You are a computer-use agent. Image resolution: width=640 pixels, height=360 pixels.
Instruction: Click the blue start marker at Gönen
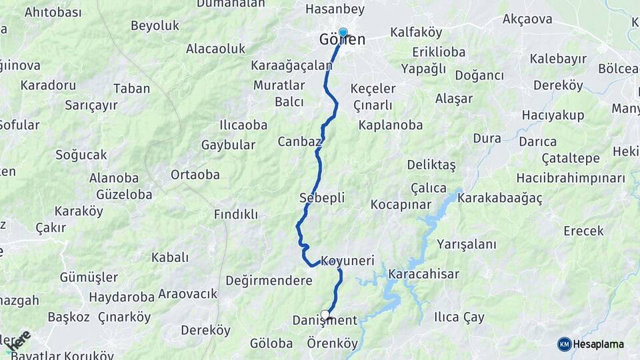(x=343, y=32)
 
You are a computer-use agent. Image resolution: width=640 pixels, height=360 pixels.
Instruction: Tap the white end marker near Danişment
(x=325, y=315)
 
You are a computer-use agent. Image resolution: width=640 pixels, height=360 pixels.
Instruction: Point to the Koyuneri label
(x=347, y=261)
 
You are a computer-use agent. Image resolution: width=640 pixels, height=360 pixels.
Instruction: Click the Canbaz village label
(x=300, y=141)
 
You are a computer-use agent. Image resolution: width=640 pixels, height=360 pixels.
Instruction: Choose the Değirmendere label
(x=269, y=281)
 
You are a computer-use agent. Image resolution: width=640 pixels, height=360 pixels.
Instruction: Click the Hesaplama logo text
(x=599, y=344)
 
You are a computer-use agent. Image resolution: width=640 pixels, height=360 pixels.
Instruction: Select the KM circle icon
(x=565, y=344)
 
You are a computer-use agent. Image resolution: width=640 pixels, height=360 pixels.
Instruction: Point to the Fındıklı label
(x=235, y=215)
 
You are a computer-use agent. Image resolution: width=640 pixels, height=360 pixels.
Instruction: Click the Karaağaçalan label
(x=291, y=65)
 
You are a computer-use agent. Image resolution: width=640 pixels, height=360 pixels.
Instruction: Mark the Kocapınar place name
(x=401, y=205)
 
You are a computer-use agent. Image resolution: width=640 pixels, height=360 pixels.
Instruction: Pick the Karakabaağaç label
(x=501, y=198)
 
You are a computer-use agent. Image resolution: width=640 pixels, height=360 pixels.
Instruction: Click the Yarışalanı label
(x=467, y=244)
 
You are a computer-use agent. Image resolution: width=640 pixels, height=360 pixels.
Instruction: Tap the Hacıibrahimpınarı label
(x=571, y=178)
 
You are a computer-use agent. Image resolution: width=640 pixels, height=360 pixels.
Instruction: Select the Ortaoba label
(x=195, y=175)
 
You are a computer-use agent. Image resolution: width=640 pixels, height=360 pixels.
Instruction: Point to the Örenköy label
(x=333, y=343)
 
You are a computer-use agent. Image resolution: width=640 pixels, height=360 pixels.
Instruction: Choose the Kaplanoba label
(x=391, y=125)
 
